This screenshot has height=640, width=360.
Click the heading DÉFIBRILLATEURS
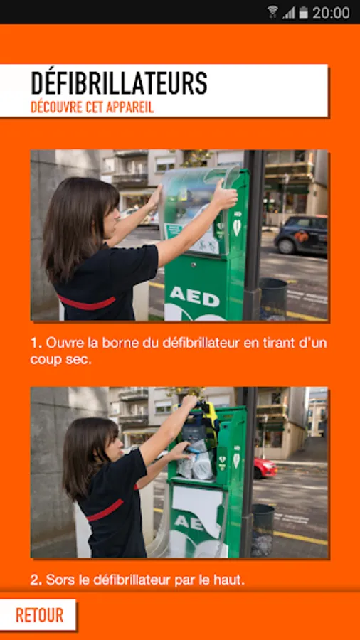coord(120,83)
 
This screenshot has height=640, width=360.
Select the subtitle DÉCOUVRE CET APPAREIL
coord(92,107)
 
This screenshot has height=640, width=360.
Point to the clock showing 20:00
coord(331,13)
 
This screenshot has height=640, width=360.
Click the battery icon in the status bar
coord(303,13)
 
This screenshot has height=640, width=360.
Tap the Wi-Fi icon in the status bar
coord(272,12)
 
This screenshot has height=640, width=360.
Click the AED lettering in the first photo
coord(195,296)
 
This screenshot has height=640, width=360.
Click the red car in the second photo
coord(265,468)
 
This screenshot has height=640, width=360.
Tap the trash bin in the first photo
coord(273,299)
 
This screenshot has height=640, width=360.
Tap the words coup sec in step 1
coord(60,360)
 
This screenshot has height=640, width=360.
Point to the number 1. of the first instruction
coord(36,343)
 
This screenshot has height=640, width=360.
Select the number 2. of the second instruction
coord(36,580)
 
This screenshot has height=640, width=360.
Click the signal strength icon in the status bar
coord(289,13)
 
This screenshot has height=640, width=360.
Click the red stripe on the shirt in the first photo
coord(87,302)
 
